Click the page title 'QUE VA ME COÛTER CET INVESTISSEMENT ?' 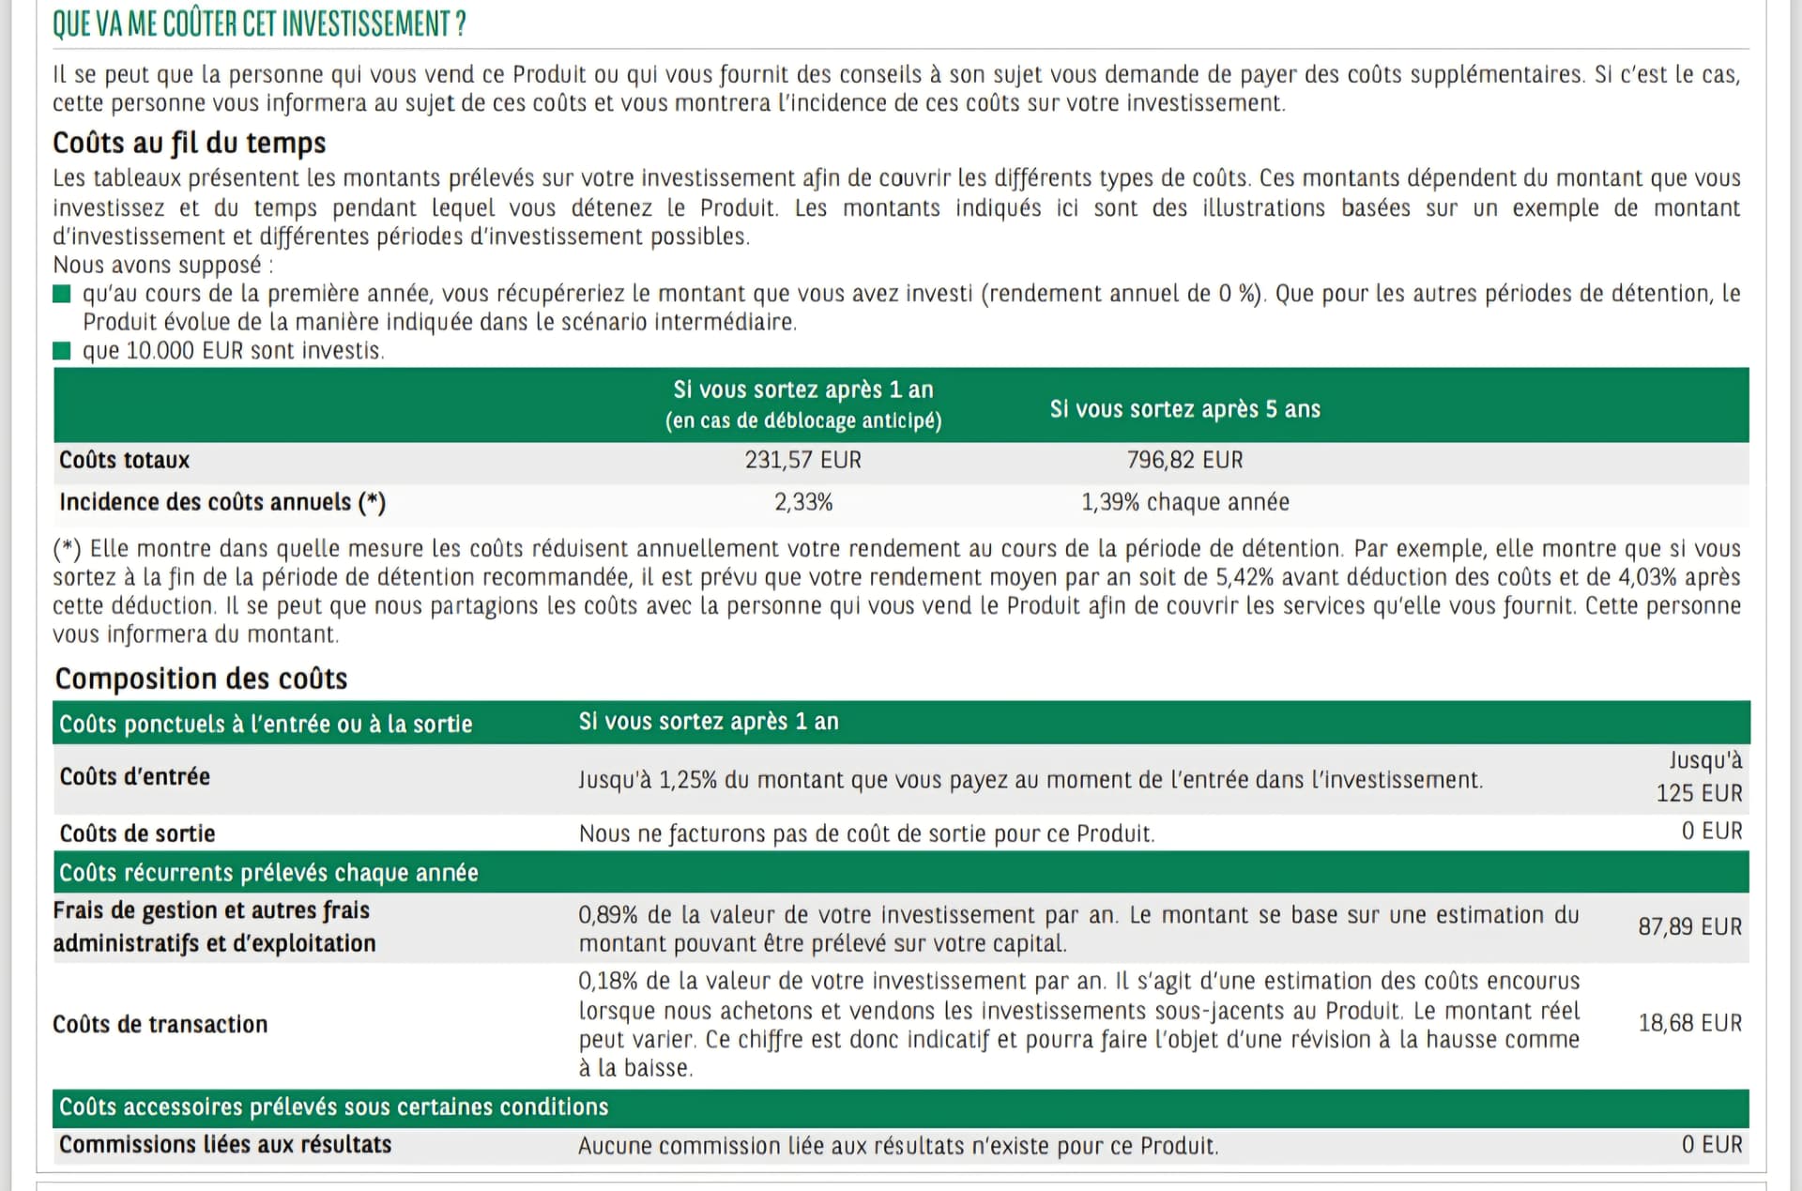(x=259, y=24)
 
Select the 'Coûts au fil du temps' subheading (x=189, y=143)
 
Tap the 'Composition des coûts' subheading (x=201, y=679)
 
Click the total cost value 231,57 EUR (x=802, y=460)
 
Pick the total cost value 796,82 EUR (x=1184, y=460)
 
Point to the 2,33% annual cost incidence (x=802, y=502)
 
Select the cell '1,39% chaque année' (x=1184, y=502)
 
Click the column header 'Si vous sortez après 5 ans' (x=1184, y=409)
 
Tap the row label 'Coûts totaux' (x=124, y=460)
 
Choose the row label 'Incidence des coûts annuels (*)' (x=222, y=502)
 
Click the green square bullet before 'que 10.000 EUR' (x=62, y=351)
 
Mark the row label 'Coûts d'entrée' (x=134, y=777)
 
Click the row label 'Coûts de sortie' (x=137, y=833)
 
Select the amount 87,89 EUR (x=1689, y=926)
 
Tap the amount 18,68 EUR (x=1689, y=1023)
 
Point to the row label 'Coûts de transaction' (x=160, y=1024)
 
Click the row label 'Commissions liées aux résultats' (x=225, y=1145)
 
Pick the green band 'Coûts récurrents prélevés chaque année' (x=268, y=873)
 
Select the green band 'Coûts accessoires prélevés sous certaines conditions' (x=333, y=1107)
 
